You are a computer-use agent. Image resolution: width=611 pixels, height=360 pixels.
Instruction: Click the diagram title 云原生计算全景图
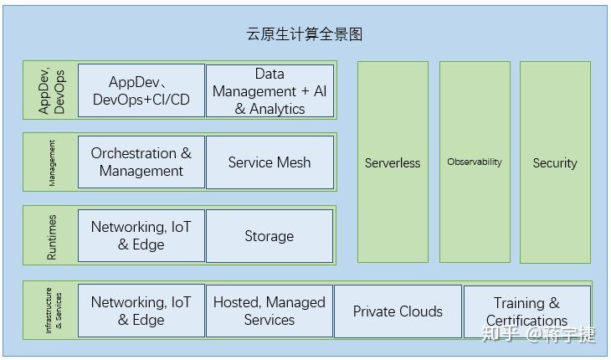pyautogui.click(x=305, y=34)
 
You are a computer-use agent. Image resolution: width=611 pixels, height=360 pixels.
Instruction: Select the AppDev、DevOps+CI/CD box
pyautogui.click(x=141, y=90)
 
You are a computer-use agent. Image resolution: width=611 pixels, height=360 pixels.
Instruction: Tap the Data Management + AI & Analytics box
pyautogui.click(x=270, y=90)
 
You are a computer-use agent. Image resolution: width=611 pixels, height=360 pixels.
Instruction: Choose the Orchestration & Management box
pyautogui.click(x=141, y=162)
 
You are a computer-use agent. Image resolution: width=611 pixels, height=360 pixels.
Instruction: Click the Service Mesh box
pyautogui.click(x=270, y=162)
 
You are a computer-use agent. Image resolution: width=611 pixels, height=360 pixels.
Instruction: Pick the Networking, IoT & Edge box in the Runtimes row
pyautogui.click(x=141, y=236)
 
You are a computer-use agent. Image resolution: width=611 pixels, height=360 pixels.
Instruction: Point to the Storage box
pyautogui.click(x=270, y=236)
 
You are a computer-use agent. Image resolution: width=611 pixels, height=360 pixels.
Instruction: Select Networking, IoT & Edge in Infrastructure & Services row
pyautogui.click(x=141, y=311)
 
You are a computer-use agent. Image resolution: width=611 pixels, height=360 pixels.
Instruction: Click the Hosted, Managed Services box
pyautogui.click(x=270, y=311)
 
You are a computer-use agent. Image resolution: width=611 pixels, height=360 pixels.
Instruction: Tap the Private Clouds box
pyautogui.click(x=398, y=311)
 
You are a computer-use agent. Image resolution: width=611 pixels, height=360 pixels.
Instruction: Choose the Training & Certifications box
pyautogui.click(x=526, y=311)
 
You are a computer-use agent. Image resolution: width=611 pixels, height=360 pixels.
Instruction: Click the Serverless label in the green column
pyautogui.click(x=393, y=163)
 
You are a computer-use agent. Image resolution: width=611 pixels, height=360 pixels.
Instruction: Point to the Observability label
pyautogui.click(x=475, y=162)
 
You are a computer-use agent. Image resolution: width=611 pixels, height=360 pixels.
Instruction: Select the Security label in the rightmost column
pyautogui.click(x=555, y=163)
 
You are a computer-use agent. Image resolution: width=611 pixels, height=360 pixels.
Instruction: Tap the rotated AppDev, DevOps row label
pyautogui.click(x=52, y=90)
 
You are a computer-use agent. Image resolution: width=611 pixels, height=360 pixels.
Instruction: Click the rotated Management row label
pyautogui.click(x=52, y=162)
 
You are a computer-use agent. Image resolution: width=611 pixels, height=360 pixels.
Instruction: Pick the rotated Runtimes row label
pyautogui.click(x=52, y=236)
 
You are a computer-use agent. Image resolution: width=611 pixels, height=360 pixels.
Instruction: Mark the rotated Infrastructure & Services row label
pyautogui.click(x=52, y=311)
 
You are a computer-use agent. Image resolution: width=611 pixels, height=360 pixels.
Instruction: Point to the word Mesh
pyautogui.click(x=293, y=162)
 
